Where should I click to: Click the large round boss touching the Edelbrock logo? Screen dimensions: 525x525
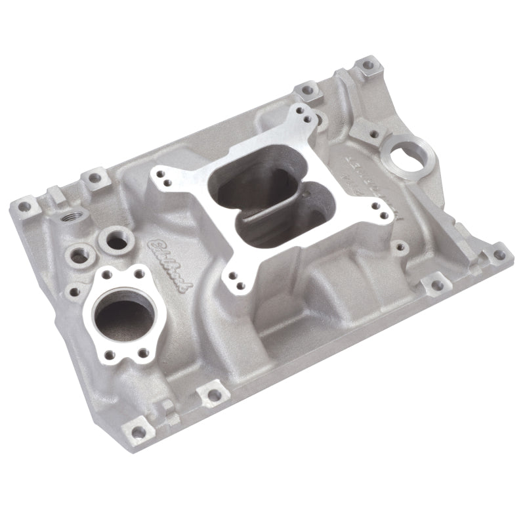point(117,240)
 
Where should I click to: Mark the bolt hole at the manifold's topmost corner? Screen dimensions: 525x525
point(367,65)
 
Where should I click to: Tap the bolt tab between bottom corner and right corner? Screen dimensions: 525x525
point(432,285)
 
